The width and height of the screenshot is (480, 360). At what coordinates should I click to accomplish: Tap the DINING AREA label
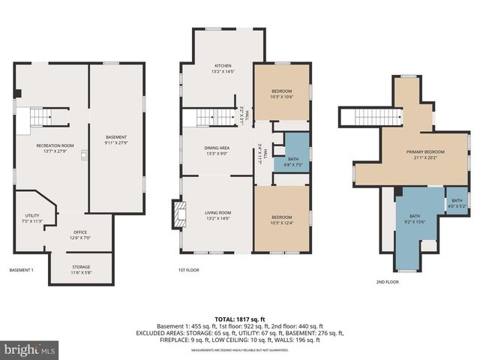pyautogui.click(x=217, y=151)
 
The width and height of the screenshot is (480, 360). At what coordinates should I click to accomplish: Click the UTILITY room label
pyautogui.click(x=31, y=218)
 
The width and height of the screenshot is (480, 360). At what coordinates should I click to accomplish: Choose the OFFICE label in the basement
pyautogui.click(x=79, y=235)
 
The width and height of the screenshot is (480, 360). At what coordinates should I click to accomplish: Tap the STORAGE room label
pyautogui.click(x=81, y=270)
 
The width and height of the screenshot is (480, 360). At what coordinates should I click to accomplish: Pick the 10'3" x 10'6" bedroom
pyautogui.click(x=281, y=94)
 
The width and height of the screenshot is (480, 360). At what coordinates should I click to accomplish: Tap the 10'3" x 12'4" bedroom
pyautogui.click(x=281, y=219)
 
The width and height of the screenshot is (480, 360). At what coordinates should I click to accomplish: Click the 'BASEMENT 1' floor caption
pyautogui.click(x=21, y=270)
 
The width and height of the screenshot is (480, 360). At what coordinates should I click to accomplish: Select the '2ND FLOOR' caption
pyautogui.click(x=387, y=282)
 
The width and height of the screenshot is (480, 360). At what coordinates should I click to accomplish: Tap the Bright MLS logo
pyautogui.click(x=30, y=349)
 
